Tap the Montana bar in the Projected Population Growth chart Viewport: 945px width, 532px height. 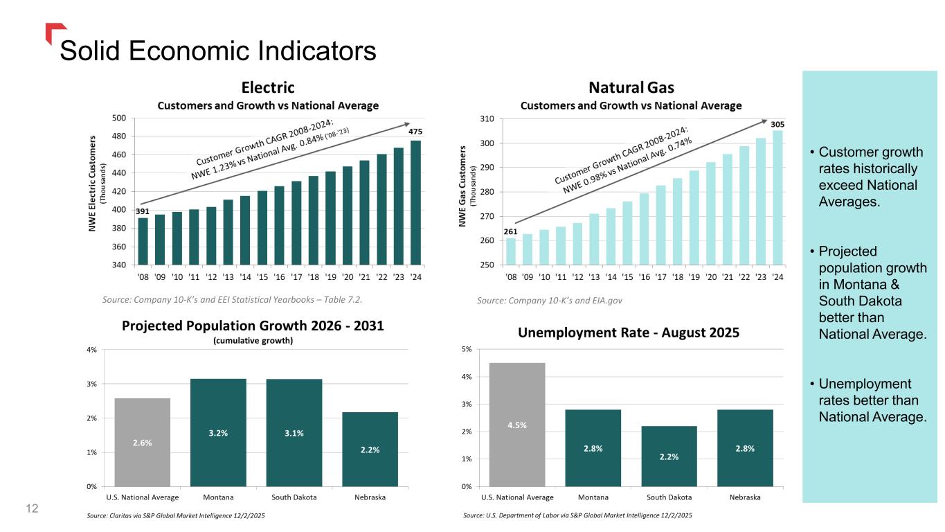pyautogui.click(x=218, y=432)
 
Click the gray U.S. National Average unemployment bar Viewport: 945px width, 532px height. pyautogui.click(x=517, y=424)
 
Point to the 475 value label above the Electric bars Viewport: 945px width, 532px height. pyautogui.click(x=415, y=132)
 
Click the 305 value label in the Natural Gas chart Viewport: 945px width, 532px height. pyautogui.click(x=777, y=124)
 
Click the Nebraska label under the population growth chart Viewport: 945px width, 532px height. pyautogui.click(x=370, y=497)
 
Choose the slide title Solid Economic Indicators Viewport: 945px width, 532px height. pyautogui.click(x=218, y=51)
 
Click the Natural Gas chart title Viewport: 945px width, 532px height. pyautogui.click(x=631, y=88)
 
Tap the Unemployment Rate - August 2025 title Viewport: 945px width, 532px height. pyautogui.click(x=629, y=332)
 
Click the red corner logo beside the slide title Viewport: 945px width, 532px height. pyautogui.click(x=54, y=31)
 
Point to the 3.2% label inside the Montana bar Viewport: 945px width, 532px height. pyautogui.click(x=218, y=433)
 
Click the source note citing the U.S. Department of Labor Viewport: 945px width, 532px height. pyautogui.click(x=576, y=516)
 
